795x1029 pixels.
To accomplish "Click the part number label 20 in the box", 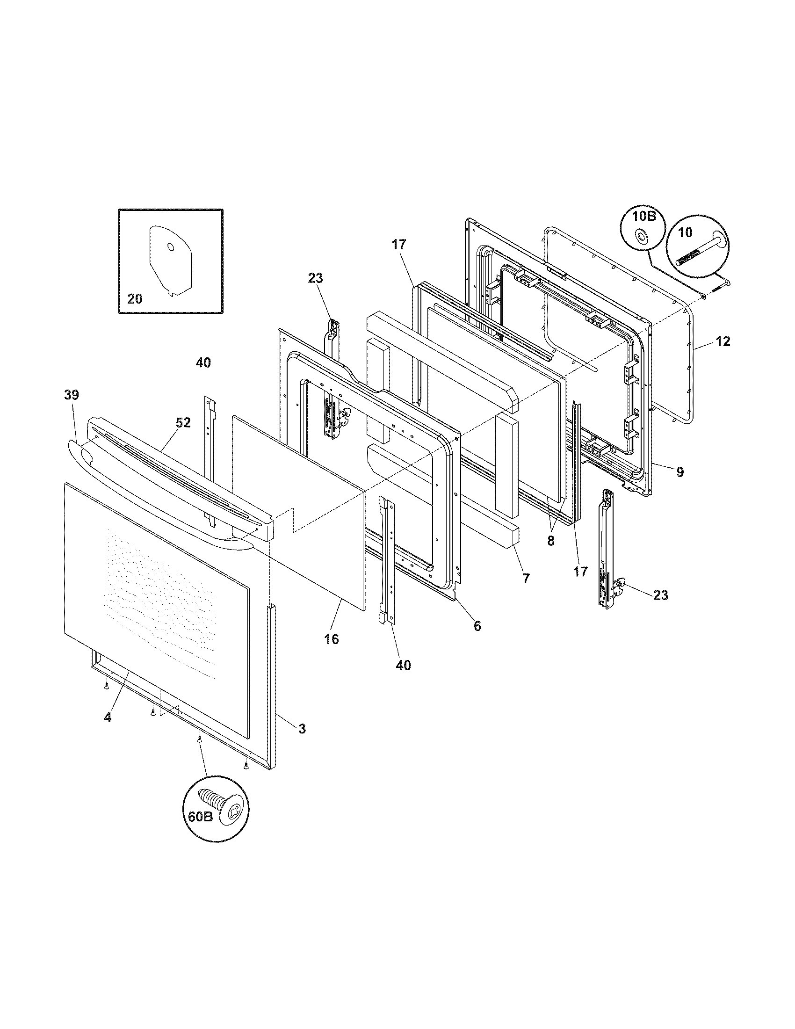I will pyautogui.click(x=135, y=299).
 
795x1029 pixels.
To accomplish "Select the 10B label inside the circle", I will pyautogui.click(x=644, y=217).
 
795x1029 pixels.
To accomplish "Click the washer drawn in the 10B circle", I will pyautogui.click(x=642, y=236).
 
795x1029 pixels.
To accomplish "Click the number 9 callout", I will pyautogui.click(x=679, y=472).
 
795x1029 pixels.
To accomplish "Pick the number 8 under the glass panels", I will pyautogui.click(x=551, y=541).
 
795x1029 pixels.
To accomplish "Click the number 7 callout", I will pyautogui.click(x=526, y=579).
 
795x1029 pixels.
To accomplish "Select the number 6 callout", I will pyautogui.click(x=477, y=626).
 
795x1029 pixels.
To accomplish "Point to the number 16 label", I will pyautogui.click(x=332, y=639).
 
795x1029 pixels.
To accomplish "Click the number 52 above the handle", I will pyautogui.click(x=183, y=423).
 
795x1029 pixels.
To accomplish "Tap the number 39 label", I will pyautogui.click(x=72, y=395).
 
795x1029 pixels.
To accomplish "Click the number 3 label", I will pyautogui.click(x=302, y=728).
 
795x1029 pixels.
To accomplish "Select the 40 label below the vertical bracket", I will pyautogui.click(x=404, y=665).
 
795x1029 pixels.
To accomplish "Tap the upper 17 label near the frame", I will pyautogui.click(x=398, y=244).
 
